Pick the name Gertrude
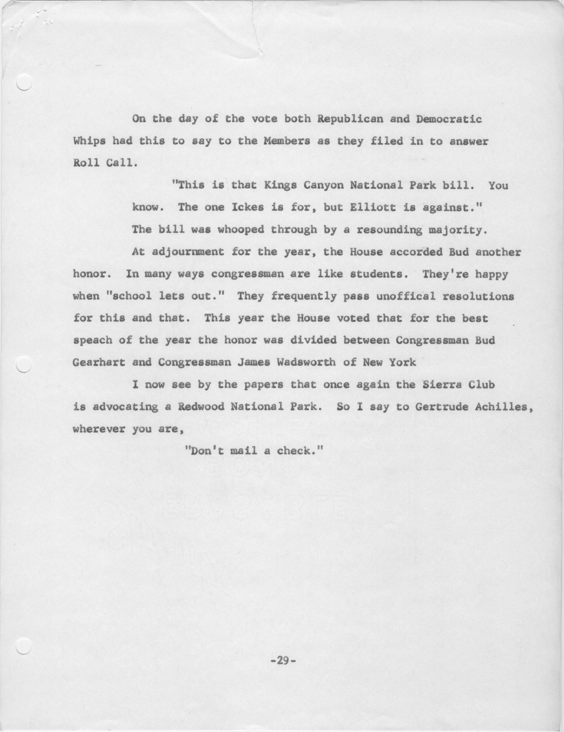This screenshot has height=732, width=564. coord(442,406)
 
